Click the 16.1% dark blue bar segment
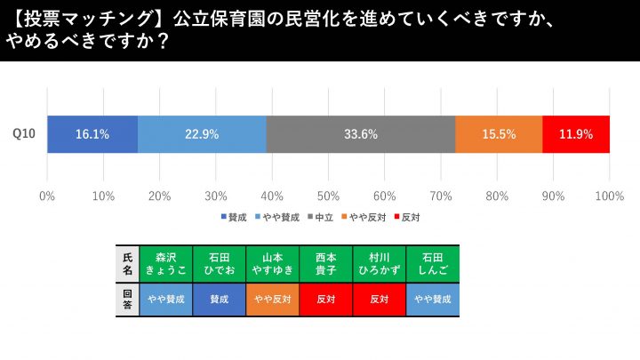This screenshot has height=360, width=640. [x=92, y=134]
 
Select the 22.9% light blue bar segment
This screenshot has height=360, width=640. [x=202, y=134]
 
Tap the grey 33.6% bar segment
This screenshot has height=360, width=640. [x=361, y=134]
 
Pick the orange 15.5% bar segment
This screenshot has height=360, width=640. [x=499, y=134]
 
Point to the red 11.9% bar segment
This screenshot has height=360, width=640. [x=576, y=134]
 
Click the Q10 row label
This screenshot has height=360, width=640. [x=24, y=134]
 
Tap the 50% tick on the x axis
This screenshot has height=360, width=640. [x=328, y=196]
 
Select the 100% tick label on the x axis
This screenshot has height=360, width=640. [x=609, y=196]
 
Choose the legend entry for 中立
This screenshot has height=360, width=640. [x=321, y=217]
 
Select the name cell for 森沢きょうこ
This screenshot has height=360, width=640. [x=165, y=262]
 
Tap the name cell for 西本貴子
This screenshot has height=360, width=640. [x=325, y=262]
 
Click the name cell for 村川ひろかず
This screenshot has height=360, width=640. [x=379, y=262]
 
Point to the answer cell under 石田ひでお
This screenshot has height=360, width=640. [x=219, y=300]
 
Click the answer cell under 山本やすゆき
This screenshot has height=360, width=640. [x=272, y=300]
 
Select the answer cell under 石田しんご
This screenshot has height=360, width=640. [x=432, y=300]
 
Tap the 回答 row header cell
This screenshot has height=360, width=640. [x=127, y=300]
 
